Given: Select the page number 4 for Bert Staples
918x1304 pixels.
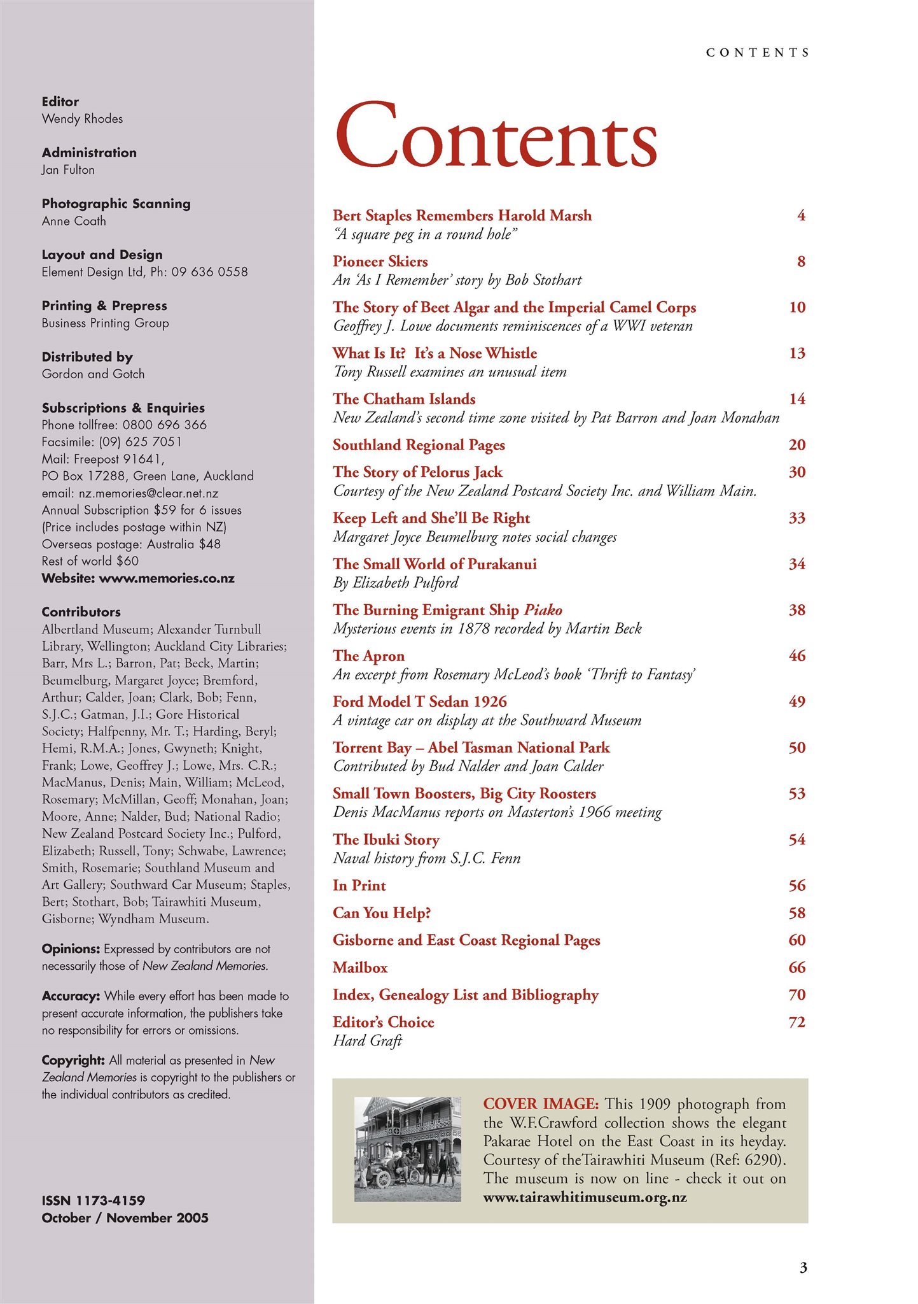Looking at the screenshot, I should [x=801, y=216].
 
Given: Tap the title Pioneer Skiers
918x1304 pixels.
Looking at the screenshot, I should [x=380, y=262].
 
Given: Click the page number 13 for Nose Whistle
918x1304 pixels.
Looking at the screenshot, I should [x=797, y=353].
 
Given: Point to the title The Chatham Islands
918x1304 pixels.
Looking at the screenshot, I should [x=404, y=399].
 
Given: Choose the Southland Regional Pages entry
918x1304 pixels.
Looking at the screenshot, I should [x=419, y=445].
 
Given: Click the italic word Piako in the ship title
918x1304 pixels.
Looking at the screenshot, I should [x=543, y=610].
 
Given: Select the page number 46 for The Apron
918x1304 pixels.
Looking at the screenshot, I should [x=797, y=656].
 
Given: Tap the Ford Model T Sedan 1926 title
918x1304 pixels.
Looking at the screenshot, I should [x=420, y=702].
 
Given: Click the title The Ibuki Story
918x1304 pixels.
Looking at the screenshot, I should [x=386, y=840].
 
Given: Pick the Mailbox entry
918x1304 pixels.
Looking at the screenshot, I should [x=360, y=968].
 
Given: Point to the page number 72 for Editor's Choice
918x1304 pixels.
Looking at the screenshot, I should [x=797, y=1023].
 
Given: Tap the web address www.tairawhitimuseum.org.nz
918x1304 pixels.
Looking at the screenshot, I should [x=585, y=1198].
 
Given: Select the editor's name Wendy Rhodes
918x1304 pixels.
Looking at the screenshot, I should [x=82, y=119].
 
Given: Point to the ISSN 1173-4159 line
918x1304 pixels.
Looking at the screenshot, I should [x=94, y=1201].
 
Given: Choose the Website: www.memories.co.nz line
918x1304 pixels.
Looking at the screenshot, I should [x=138, y=579].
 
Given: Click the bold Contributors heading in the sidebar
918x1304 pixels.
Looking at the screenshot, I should [x=81, y=612].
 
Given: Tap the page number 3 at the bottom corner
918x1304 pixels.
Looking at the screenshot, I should [x=803, y=1268].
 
